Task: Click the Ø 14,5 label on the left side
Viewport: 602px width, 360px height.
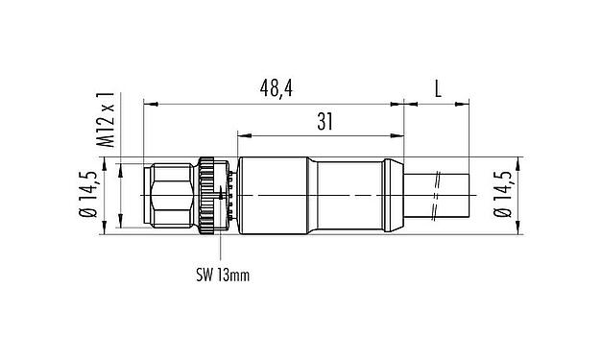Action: [x=87, y=196]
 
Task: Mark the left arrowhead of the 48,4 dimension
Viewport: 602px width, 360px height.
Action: [x=148, y=100]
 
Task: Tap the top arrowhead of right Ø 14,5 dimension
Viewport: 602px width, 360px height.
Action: [x=519, y=164]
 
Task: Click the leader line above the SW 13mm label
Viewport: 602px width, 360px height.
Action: [x=222, y=250]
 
